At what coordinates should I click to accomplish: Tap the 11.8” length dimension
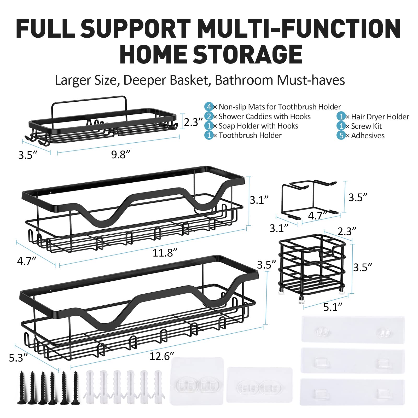[165, 253]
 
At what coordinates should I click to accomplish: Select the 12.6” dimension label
[162, 356]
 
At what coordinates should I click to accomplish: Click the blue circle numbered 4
[209, 107]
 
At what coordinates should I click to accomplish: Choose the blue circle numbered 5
[341, 135]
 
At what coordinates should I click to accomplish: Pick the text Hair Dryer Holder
[380, 117]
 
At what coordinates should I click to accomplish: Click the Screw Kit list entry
[366, 126]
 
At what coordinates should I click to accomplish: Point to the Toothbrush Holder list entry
[250, 135]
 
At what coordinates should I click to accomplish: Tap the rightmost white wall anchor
[158, 387]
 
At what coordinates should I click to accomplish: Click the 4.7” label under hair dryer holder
[317, 216]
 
